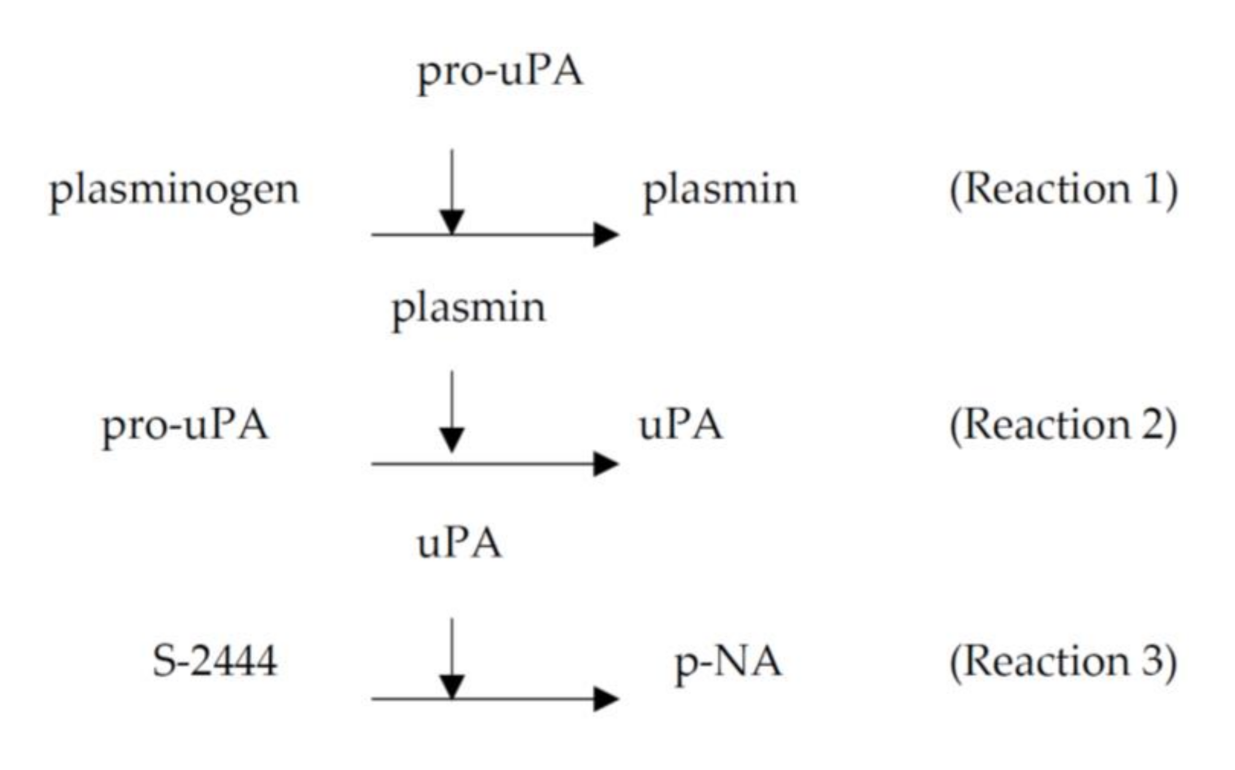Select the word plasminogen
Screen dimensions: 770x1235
(174, 191)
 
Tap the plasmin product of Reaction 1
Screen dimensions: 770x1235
(720, 191)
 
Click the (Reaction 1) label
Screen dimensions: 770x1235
(1063, 190)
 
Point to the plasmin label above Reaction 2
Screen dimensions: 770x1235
(468, 309)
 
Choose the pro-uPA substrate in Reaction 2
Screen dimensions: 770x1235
(185, 427)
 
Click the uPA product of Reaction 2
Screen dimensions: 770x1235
(680, 427)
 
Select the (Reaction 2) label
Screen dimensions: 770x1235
(1063, 426)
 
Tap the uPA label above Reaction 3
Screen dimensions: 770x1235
(459, 544)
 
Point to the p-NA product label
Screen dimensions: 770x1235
(728, 662)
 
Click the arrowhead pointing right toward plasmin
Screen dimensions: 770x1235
(606, 235)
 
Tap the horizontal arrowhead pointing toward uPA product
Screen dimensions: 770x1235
(606, 464)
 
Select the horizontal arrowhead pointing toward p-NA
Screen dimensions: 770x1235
(606, 699)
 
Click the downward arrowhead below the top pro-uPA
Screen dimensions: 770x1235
(452, 222)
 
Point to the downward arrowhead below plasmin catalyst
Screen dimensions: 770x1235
(452, 440)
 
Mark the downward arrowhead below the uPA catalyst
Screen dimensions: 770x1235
(452, 687)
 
